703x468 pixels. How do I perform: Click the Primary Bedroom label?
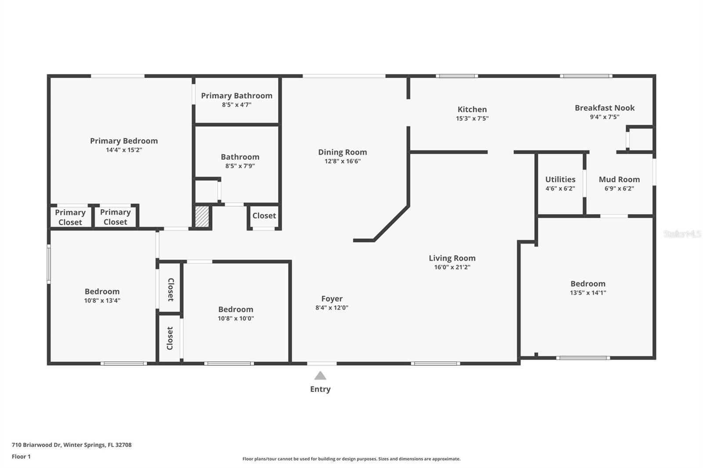(124, 141)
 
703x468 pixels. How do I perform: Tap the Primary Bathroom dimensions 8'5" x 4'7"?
(236, 105)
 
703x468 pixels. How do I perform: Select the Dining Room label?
(342, 152)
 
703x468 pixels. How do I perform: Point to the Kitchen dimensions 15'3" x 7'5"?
(472, 119)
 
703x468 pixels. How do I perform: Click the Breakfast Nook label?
(605, 108)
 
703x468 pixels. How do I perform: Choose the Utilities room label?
(560, 180)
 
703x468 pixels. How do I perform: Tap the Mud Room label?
(619, 180)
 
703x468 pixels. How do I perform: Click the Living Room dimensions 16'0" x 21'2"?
(452, 267)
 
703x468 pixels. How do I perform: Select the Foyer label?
(332, 299)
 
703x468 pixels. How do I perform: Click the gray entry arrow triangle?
(320, 376)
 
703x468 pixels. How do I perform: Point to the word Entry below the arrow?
(320, 389)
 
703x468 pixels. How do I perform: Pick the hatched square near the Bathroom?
(202, 217)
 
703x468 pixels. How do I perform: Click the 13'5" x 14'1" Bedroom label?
(588, 284)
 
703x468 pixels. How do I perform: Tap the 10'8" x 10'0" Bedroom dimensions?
(236, 319)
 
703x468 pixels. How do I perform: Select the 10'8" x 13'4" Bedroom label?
(102, 292)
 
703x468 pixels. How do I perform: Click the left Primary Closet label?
(70, 217)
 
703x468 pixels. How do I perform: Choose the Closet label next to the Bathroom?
(264, 216)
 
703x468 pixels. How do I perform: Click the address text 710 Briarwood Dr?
(36, 445)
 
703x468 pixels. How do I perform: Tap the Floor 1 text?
(21, 457)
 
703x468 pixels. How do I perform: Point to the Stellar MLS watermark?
(682, 234)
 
